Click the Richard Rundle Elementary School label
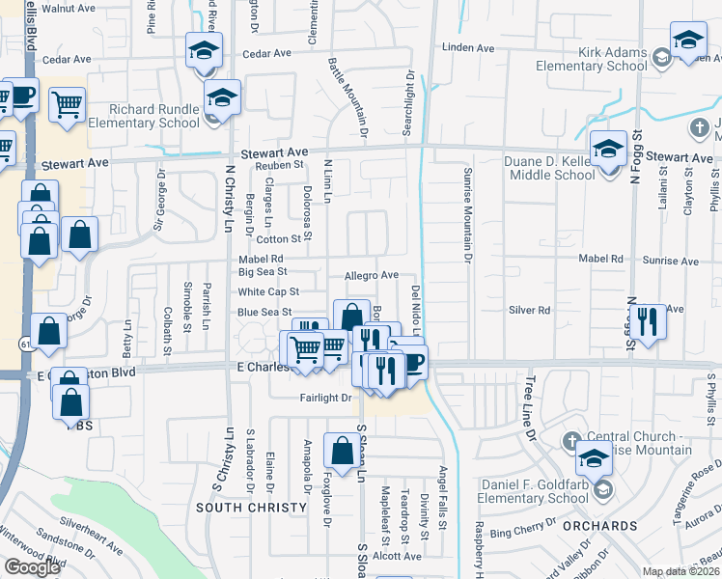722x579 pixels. click(142, 116)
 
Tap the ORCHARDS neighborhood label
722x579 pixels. click(603, 526)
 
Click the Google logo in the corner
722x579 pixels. click(32, 567)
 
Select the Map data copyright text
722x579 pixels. click(680, 571)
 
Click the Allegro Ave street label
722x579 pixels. click(372, 275)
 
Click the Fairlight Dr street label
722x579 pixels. click(326, 398)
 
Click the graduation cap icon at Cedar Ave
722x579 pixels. click(204, 49)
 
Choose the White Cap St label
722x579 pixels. click(268, 291)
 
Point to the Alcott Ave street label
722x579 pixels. click(399, 556)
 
